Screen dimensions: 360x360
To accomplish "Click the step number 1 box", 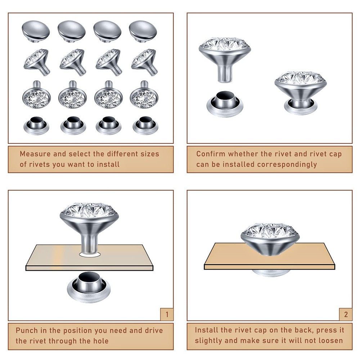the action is [167, 314].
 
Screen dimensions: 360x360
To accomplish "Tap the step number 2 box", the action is [346, 314].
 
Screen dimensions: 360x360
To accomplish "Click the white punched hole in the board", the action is [90, 255].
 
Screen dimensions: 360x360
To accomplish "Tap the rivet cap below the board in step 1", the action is [89, 287].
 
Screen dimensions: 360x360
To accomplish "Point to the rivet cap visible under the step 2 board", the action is [271, 273].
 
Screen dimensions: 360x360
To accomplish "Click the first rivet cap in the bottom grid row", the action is [36, 126].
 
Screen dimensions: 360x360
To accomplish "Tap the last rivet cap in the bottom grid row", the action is [145, 126].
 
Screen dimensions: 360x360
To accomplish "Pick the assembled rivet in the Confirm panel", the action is [301, 93].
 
